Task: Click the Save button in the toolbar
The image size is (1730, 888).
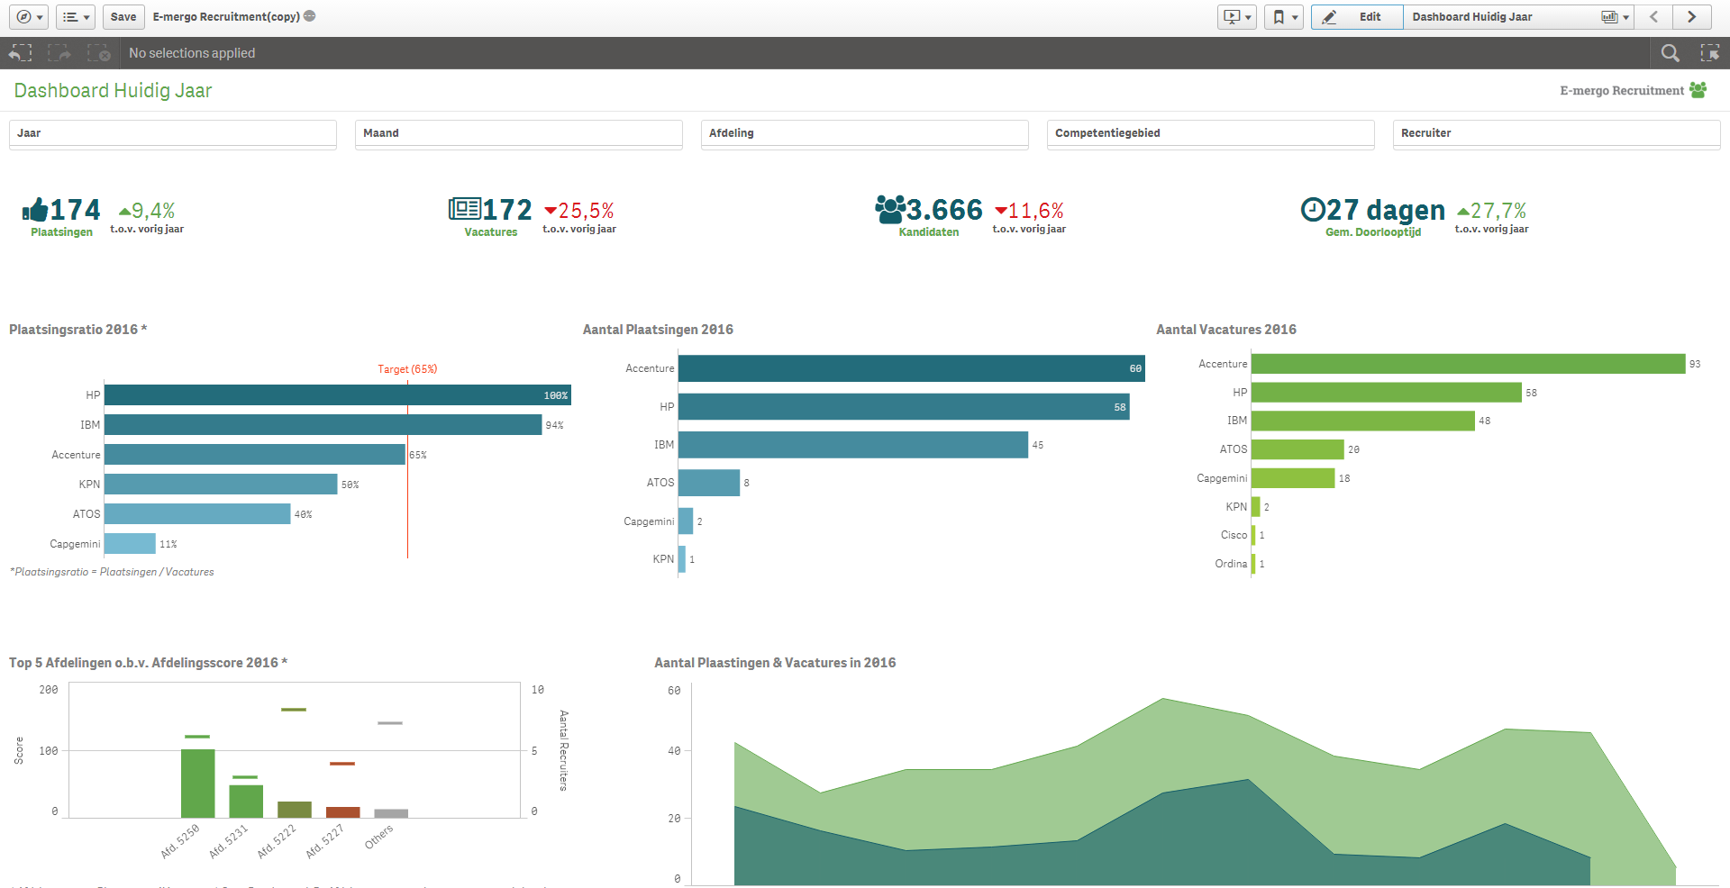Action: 123,16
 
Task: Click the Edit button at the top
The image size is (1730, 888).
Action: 1357,16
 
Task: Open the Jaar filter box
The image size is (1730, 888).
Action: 172,133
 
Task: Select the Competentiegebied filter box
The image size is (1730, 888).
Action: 1210,133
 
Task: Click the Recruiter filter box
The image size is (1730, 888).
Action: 1556,133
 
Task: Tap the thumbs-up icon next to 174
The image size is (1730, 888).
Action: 35,210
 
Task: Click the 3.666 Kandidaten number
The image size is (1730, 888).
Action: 944,210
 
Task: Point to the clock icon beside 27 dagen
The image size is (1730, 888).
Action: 1313,210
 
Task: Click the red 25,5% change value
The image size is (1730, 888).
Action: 586,211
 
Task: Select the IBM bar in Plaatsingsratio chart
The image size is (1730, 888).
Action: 323,425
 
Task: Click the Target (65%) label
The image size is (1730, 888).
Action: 407,369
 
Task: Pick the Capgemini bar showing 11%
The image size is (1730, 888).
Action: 130,544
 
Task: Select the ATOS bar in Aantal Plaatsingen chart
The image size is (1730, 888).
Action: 708,483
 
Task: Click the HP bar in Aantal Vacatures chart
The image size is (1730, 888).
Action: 1386,393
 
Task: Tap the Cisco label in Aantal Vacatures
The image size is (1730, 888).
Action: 1234,535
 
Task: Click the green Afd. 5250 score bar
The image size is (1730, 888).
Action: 198,784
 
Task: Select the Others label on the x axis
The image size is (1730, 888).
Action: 379,837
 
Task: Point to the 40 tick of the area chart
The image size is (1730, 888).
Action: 674,750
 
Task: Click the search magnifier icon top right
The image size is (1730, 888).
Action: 1670,53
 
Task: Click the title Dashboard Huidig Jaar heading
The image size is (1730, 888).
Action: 113,91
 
